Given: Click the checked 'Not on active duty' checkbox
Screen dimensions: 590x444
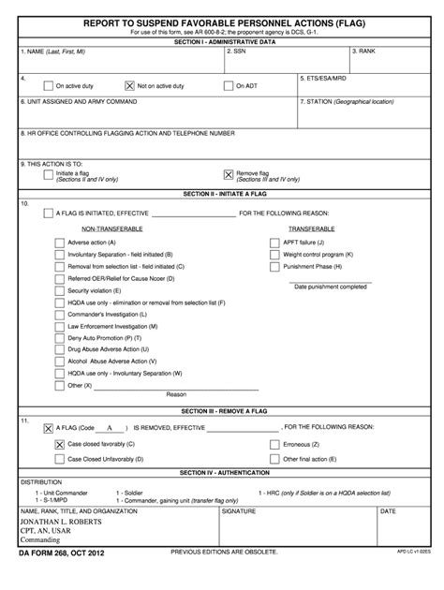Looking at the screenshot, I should (129, 84).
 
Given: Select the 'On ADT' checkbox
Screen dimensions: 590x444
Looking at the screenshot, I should (228, 84).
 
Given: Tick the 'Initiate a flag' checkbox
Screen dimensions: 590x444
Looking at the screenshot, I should (48, 173).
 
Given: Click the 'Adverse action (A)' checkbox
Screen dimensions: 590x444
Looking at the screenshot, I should (61, 242).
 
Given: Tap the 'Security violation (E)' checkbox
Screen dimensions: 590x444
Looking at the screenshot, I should (61, 290).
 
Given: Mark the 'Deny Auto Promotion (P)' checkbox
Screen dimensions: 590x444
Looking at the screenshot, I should (61, 337).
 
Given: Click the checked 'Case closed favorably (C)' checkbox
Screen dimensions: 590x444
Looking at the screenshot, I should (61, 444).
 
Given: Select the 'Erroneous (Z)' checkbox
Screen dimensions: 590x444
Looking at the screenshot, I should (276, 444).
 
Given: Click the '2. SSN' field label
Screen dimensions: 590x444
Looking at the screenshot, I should (237, 52).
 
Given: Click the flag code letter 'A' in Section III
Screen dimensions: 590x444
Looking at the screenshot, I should (110, 427).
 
